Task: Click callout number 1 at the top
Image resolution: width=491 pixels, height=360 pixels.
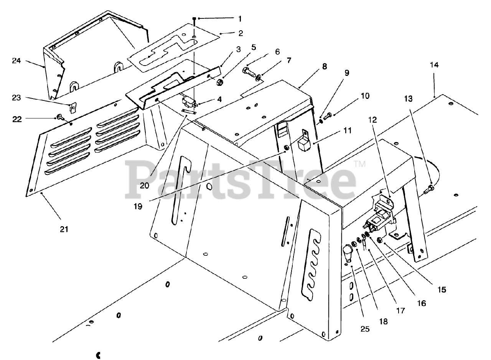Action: pyautogui.click(x=240, y=18)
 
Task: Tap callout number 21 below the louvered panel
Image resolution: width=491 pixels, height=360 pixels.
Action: pyautogui.click(x=64, y=229)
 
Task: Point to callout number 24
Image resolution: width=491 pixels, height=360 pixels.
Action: pyautogui.click(x=16, y=61)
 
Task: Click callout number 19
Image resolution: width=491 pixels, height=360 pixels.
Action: pyautogui.click(x=138, y=206)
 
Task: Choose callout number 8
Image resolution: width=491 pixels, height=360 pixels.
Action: pyautogui.click(x=325, y=66)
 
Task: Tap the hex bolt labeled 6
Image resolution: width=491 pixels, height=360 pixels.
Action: pyautogui.click(x=248, y=71)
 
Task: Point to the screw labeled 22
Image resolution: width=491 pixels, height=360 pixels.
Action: pyautogui.click(x=59, y=116)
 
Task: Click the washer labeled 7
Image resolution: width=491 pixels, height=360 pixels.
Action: pyautogui.click(x=259, y=79)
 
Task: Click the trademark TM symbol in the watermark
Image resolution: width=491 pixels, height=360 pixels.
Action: pyautogui.click(x=359, y=164)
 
